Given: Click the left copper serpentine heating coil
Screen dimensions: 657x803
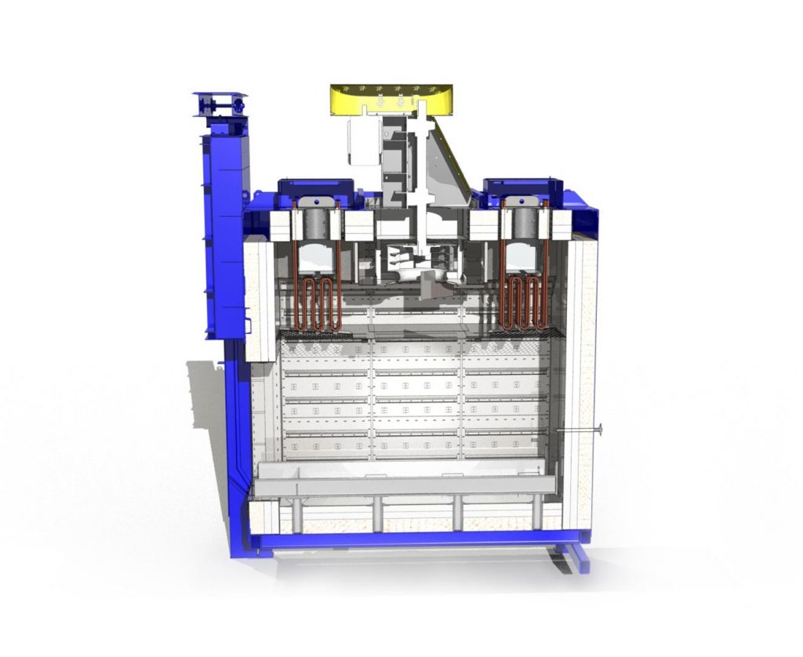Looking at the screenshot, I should click(x=317, y=302).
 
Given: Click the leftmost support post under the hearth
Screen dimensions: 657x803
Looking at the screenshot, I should click(x=297, y=513).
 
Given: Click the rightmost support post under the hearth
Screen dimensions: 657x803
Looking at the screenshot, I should click(x=538, y=513).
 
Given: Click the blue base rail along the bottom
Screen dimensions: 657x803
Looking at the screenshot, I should click(x=408, y=540).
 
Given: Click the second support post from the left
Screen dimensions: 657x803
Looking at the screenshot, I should click(x=377, y=513).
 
